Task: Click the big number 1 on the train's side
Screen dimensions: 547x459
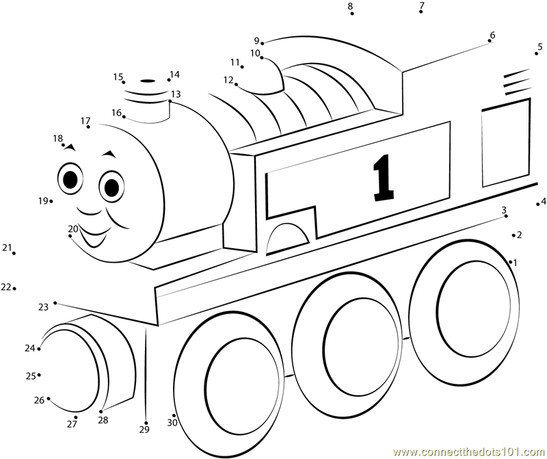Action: pos(384,178)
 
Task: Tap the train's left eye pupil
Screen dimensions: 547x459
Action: pos(71,179)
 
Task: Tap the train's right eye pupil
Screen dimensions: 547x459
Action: pos(112,187)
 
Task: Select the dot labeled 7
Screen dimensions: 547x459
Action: pos(421,12)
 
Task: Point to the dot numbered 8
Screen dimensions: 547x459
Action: pos(352,14)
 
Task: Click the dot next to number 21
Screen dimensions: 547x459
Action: pos(14,253)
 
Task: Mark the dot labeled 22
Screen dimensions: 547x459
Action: pos(14,288)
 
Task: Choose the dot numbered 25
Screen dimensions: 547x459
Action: pos(39,375)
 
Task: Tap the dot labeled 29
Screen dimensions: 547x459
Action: pos(146,423)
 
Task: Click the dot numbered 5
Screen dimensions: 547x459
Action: pos(536,53)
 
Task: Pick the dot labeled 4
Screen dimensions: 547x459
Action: pos(538,205)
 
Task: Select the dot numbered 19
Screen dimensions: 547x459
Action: pos(51,201)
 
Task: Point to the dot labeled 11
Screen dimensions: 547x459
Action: pos(242,66)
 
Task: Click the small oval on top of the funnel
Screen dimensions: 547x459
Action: pos(148,81)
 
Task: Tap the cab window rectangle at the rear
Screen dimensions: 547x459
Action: pos(506,142)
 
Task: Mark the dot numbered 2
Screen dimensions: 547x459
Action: pos(513,235)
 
